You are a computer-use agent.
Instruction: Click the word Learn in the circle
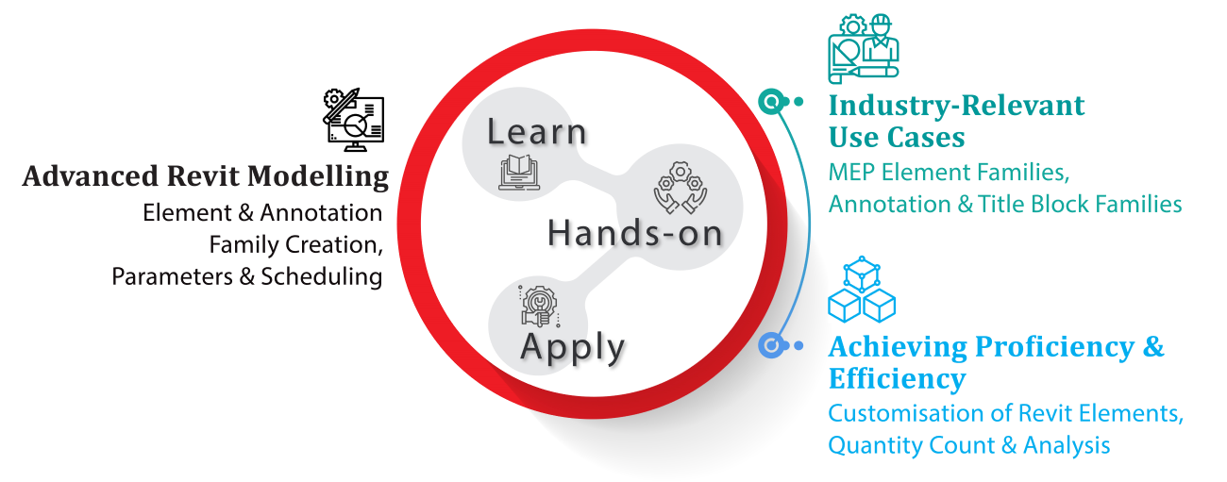point(537,132)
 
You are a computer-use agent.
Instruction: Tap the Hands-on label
point(635,233)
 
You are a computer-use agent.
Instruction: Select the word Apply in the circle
point(572,348)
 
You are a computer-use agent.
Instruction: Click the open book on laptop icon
point(519,172)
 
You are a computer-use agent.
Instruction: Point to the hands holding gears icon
point(680,188)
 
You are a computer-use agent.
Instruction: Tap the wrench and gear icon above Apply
point(539,307)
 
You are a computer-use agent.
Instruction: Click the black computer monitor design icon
point(353,120)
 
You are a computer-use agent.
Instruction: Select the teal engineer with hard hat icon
point(864,49)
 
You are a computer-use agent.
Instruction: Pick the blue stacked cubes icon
point(862,290)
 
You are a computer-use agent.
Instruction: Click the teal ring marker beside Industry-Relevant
point(772,102)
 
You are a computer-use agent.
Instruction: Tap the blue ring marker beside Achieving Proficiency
point(772,345)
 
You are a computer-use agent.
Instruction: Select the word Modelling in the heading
point(318,177)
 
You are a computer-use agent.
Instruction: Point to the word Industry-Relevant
point(956,105)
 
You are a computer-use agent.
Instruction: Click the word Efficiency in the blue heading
point(898,379)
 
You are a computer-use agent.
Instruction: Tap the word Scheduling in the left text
point(322,277)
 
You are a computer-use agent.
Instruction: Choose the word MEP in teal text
point(851,173)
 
